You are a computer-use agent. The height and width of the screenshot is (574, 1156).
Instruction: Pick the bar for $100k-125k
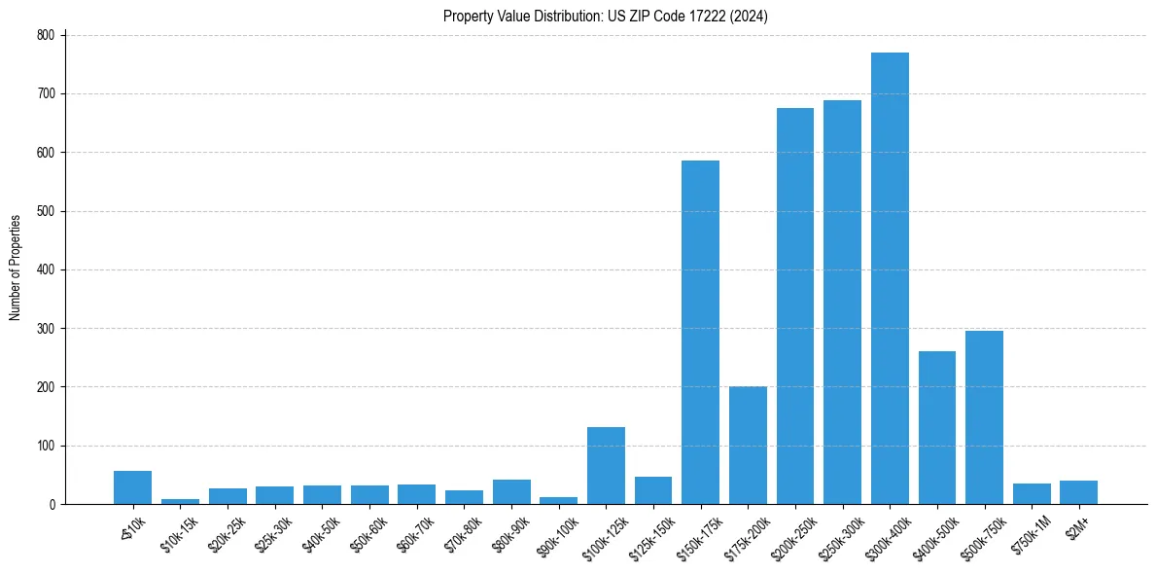click(606, 466)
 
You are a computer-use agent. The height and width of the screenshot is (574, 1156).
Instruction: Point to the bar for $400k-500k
click(937, 428)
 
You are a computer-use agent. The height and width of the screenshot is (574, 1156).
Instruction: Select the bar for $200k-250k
click(794, 306)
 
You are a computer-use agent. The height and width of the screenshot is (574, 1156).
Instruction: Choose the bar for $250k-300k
click(842, 303)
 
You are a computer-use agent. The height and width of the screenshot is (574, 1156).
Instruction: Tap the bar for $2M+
click(1079, 492)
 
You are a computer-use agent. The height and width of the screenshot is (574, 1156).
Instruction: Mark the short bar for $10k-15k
click(180, 501)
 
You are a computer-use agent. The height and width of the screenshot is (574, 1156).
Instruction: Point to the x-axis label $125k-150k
click(653, 534)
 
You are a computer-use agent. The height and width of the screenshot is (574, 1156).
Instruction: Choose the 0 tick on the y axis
click(54, 504)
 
